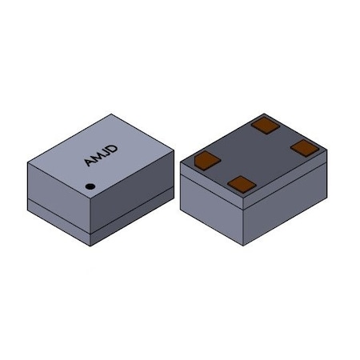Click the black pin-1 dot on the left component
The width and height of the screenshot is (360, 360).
[90, 187]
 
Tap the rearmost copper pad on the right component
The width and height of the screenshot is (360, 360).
[264, 124]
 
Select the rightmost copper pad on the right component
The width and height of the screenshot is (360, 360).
[305, 147]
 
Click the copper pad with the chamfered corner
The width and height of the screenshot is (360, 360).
[207, 159]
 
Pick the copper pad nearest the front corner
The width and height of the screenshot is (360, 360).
[241, 184]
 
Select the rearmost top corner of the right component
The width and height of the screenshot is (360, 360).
[265, 112]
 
